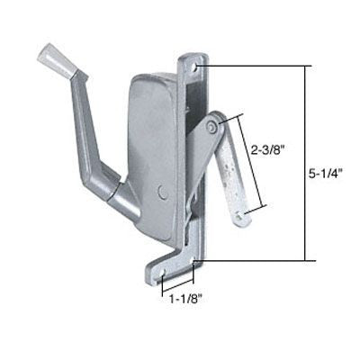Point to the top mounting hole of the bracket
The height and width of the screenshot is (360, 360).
(195, 66)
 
